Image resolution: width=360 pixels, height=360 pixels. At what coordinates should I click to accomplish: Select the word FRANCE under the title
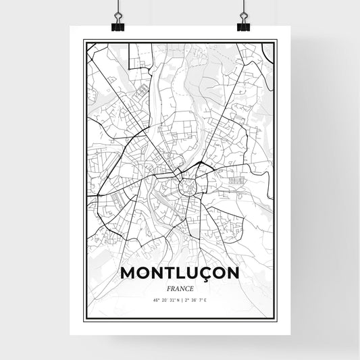pos(179,286)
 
